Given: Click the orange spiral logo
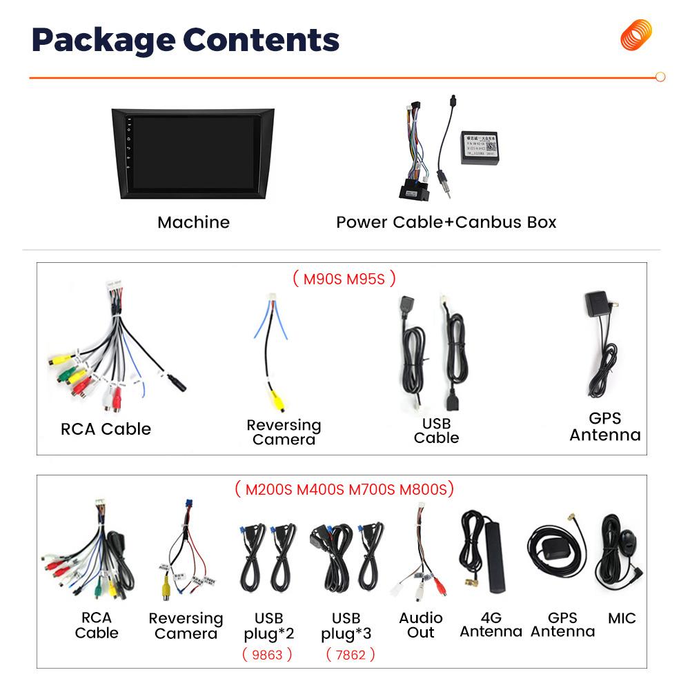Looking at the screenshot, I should (x=635, y=36).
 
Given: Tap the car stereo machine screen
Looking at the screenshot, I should (x=193, y=154).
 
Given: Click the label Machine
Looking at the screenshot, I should (x=193, y=222).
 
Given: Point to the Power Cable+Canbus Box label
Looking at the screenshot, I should (x=446, y=222).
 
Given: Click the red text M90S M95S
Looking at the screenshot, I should (x=344, y=279).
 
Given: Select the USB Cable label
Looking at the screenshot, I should (x=436, y=431).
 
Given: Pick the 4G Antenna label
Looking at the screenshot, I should (x=491, y=624).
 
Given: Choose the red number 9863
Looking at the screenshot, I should (x=267, y=654).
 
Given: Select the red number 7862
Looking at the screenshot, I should (x=350, y=654).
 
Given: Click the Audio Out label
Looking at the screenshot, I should (x=420, y=624).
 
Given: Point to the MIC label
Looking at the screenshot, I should (x=622, y=618).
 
